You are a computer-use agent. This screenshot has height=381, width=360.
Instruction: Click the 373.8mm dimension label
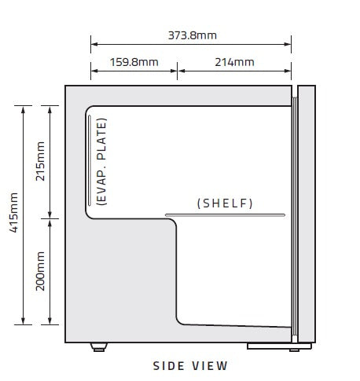193,35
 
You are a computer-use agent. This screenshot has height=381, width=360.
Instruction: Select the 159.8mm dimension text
134,62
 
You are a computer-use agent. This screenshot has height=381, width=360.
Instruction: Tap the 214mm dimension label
234,62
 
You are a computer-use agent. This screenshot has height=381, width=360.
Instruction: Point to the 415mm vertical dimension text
13,212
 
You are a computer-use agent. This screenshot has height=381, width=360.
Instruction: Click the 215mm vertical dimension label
40,161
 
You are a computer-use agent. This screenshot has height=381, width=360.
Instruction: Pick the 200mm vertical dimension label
40,271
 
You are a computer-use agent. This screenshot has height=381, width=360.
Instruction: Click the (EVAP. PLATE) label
101,162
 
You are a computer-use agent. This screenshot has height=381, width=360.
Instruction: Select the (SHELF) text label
225,203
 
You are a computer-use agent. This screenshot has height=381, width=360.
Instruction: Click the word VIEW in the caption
210,366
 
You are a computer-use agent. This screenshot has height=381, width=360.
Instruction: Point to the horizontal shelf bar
225,215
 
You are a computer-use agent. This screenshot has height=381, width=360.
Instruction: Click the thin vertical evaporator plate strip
90,160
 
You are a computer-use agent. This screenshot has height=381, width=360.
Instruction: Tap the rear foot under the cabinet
99,347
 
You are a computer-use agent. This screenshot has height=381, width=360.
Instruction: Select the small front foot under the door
294,350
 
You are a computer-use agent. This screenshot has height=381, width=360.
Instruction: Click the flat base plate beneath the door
279,346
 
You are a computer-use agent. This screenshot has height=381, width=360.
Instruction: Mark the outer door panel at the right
307,214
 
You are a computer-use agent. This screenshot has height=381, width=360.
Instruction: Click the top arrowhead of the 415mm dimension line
23,109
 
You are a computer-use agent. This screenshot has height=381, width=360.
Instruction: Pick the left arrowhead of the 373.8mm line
94,44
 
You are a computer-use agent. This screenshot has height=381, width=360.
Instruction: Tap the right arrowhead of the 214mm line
288,71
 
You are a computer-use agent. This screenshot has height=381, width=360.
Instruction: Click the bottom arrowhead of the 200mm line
50,321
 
